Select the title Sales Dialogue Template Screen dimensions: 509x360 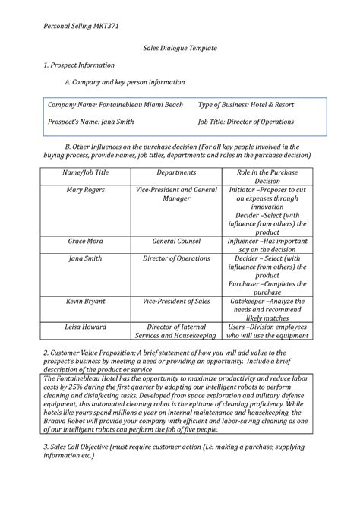coord(180,48)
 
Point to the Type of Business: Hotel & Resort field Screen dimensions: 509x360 coord(245,104)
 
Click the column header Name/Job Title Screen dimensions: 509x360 coord(85,172)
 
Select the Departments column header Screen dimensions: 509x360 coord(175,172)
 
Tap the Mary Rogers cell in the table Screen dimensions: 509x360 coord(85,189)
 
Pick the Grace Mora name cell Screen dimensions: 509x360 coord(85,241)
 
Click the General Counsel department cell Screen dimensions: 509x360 coord(175,241)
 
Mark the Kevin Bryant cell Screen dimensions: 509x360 coord(85,302)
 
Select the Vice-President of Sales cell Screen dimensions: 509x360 coord(175,302)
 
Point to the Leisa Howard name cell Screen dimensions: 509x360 coord(85,327)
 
